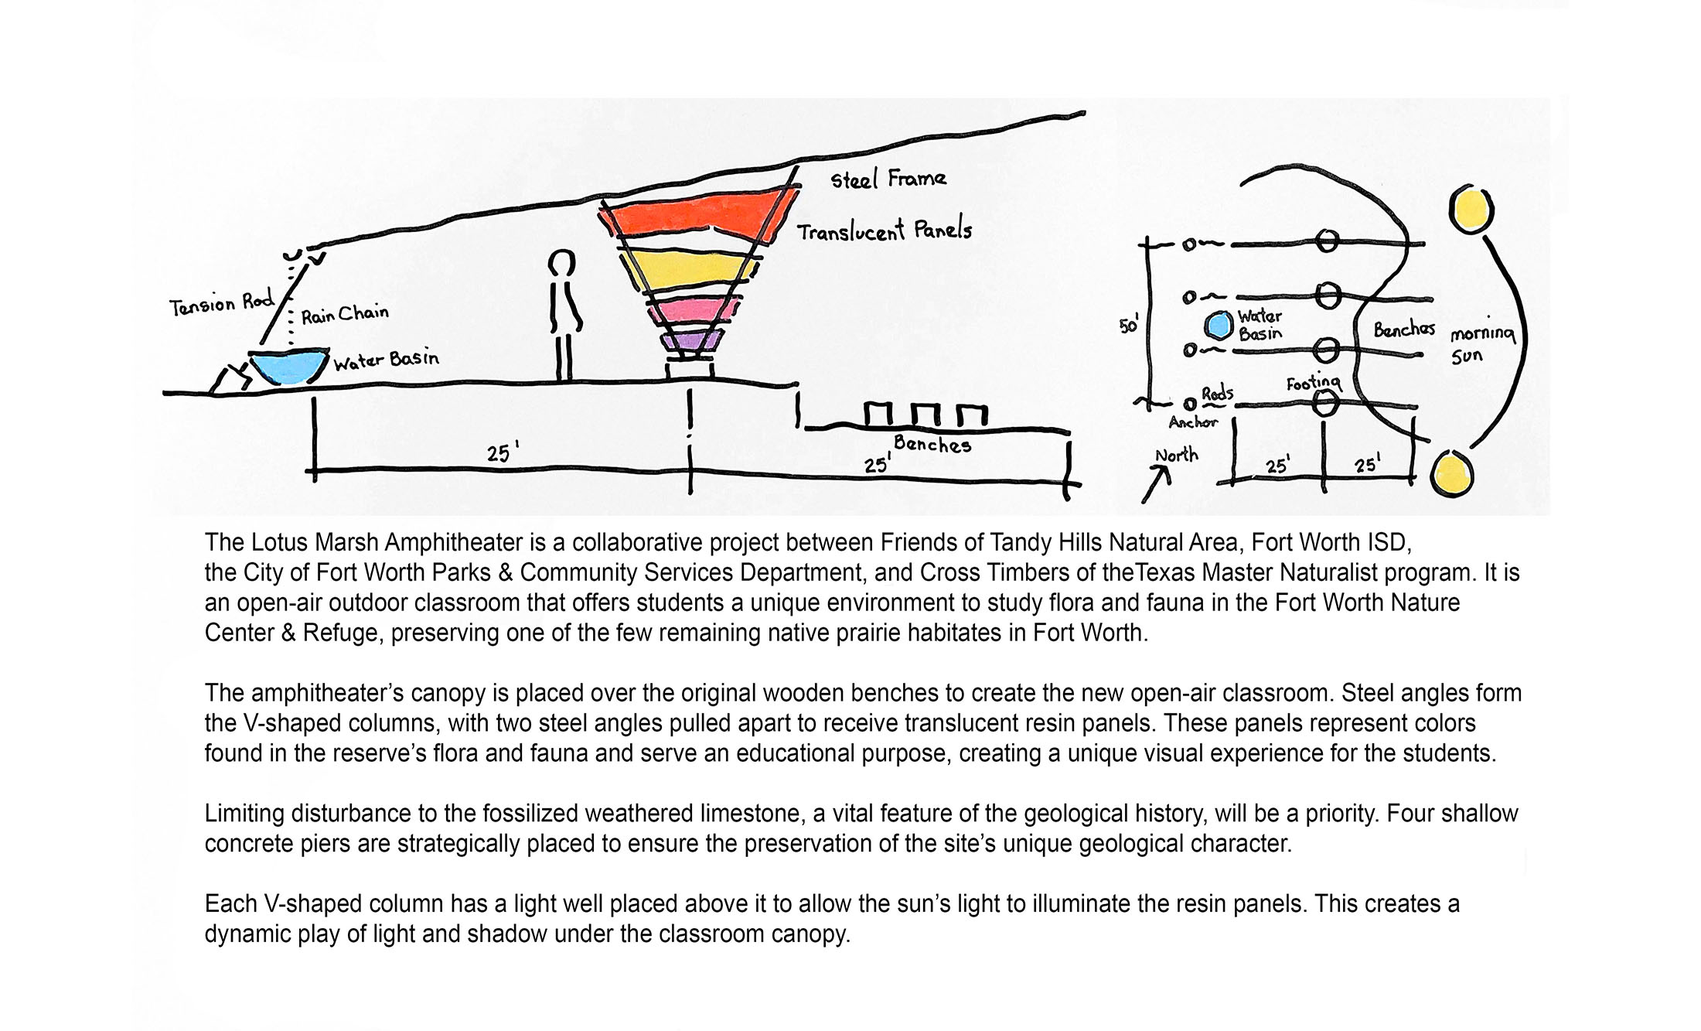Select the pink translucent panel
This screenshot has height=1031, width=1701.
pos(692,311)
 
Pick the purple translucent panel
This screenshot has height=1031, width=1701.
pos(690,340)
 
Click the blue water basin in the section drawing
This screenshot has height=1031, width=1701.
pos(288,367)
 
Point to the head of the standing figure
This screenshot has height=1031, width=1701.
pos(561,263)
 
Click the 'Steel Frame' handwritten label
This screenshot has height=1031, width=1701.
pos(888,179)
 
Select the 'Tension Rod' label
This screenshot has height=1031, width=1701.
pos(222,304)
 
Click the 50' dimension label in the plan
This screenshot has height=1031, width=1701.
pos(1129,326)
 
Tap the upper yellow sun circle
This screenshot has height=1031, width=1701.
pos(1471,209)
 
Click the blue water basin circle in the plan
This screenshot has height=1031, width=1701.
pos(1219,325)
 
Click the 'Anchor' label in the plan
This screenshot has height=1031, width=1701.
pos(1192,422)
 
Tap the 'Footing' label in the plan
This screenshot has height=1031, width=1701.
pos(1314,383)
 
